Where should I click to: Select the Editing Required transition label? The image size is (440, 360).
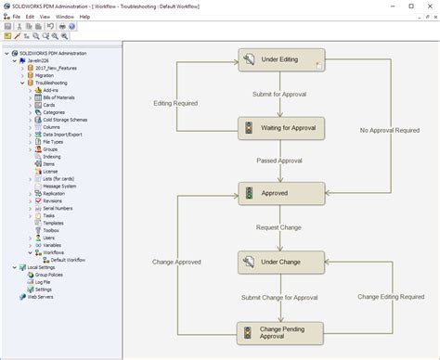tap(175, 103)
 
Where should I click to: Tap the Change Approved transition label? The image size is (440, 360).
tap(176, 262)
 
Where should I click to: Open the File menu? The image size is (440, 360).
tap(16, 17)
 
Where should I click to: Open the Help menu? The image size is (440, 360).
tap(84, 17)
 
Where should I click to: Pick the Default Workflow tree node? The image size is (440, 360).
tap(71, 259)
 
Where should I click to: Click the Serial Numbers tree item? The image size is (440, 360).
tap(59, 207)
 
